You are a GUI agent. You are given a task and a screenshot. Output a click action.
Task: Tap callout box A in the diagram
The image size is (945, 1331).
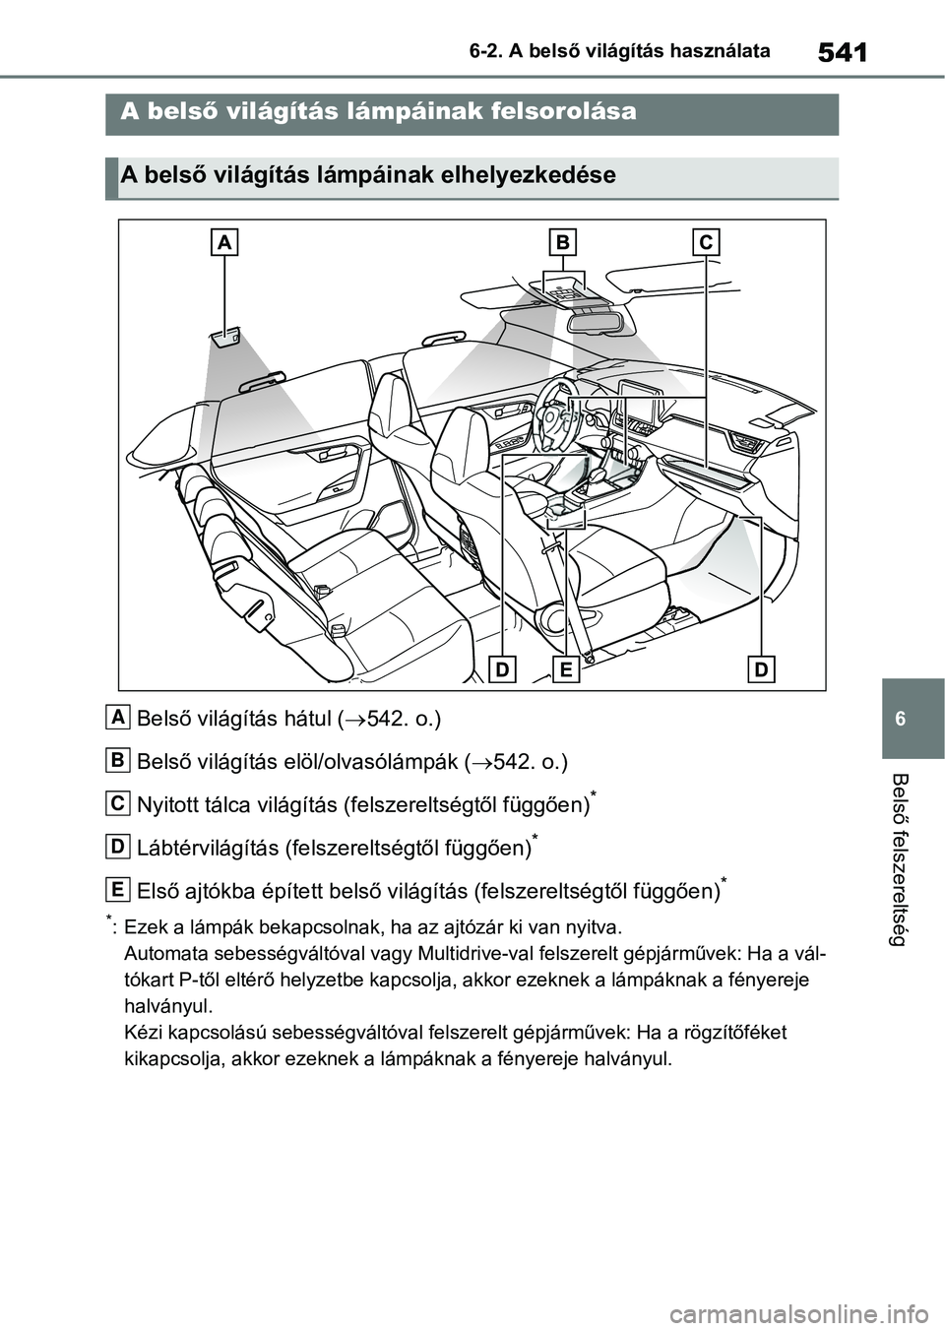tap(224, 242)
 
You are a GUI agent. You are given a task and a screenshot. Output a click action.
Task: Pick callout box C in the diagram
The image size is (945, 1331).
tap(706, 242)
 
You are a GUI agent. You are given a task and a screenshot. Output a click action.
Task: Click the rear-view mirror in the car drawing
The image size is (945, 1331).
tap(591, 318)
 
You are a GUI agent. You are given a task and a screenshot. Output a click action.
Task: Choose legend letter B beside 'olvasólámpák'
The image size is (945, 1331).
tap(118, 760)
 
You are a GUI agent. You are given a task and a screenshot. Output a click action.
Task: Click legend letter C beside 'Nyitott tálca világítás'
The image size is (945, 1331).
tap(118, 803)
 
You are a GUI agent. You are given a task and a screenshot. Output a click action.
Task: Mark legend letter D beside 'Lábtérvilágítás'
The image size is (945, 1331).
tap(118, 847)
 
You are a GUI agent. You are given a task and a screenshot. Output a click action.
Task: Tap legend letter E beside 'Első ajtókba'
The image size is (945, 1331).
tap(118, 890)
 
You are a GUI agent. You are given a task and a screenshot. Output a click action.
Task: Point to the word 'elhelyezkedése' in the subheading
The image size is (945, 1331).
tap(539, 176)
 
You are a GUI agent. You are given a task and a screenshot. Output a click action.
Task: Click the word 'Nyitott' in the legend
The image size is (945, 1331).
tap(169, 804)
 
